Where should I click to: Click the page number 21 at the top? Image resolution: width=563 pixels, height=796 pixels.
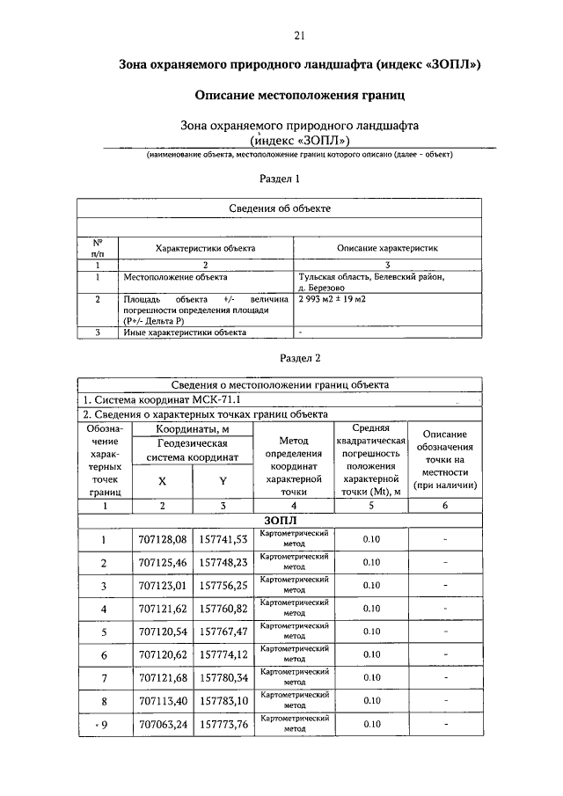(x=299, y=36)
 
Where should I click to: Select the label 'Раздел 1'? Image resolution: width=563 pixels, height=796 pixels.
(x=281, y=179)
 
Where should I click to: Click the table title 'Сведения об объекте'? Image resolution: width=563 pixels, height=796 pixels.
(x=281, y=208)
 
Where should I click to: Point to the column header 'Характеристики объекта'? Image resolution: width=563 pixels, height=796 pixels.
(x=205, y=249)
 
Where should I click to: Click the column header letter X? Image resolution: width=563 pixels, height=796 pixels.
(x=162, y=482)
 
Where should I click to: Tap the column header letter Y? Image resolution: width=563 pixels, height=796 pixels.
(x=223, y=482)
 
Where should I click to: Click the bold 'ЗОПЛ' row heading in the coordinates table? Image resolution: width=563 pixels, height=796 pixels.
(x=281, y=521)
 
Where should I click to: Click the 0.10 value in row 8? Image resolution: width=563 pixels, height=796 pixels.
(x=371, y=701)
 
